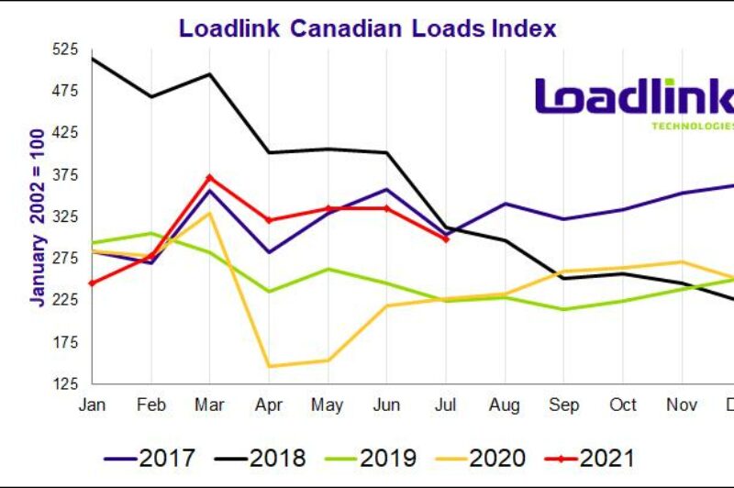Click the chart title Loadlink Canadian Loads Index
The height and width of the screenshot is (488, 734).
coord(367,28)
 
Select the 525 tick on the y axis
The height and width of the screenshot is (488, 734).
coord(64,50)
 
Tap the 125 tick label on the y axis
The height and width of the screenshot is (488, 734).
coord(64,384)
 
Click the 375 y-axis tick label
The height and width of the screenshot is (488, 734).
coord(64,175)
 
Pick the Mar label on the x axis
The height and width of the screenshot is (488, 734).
coord(210,405)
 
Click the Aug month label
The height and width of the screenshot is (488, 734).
coord(505,405)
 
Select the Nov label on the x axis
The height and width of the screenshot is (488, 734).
coord(682,405)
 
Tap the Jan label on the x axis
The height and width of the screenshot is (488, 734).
coord(92,405)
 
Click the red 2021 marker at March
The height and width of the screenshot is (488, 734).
coord(210,177)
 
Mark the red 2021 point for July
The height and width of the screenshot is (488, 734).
coord(446,238)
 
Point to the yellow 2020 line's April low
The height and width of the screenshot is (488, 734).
coord(269,367)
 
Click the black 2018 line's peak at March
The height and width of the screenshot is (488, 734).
coord(210,74)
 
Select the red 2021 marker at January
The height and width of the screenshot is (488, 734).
coord(92,283)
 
